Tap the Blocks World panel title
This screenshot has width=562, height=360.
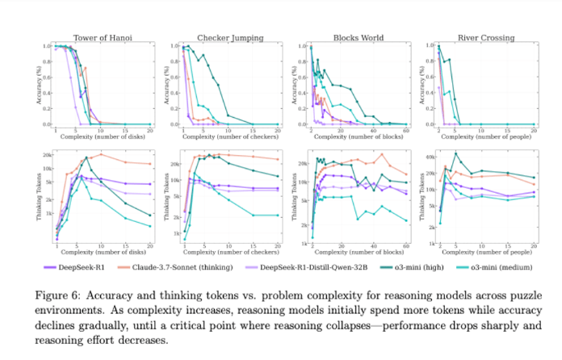[x=358, y=37]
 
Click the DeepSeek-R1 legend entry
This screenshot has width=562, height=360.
[x=90, y=264]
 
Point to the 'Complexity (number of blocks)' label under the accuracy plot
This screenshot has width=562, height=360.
[x=358, y=138]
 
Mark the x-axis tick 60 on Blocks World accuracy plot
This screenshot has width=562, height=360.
[x=405, y=130]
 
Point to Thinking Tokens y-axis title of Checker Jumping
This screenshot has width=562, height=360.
[x=161, y=195]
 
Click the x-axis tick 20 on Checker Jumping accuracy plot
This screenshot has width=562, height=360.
[x=278, y=130]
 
